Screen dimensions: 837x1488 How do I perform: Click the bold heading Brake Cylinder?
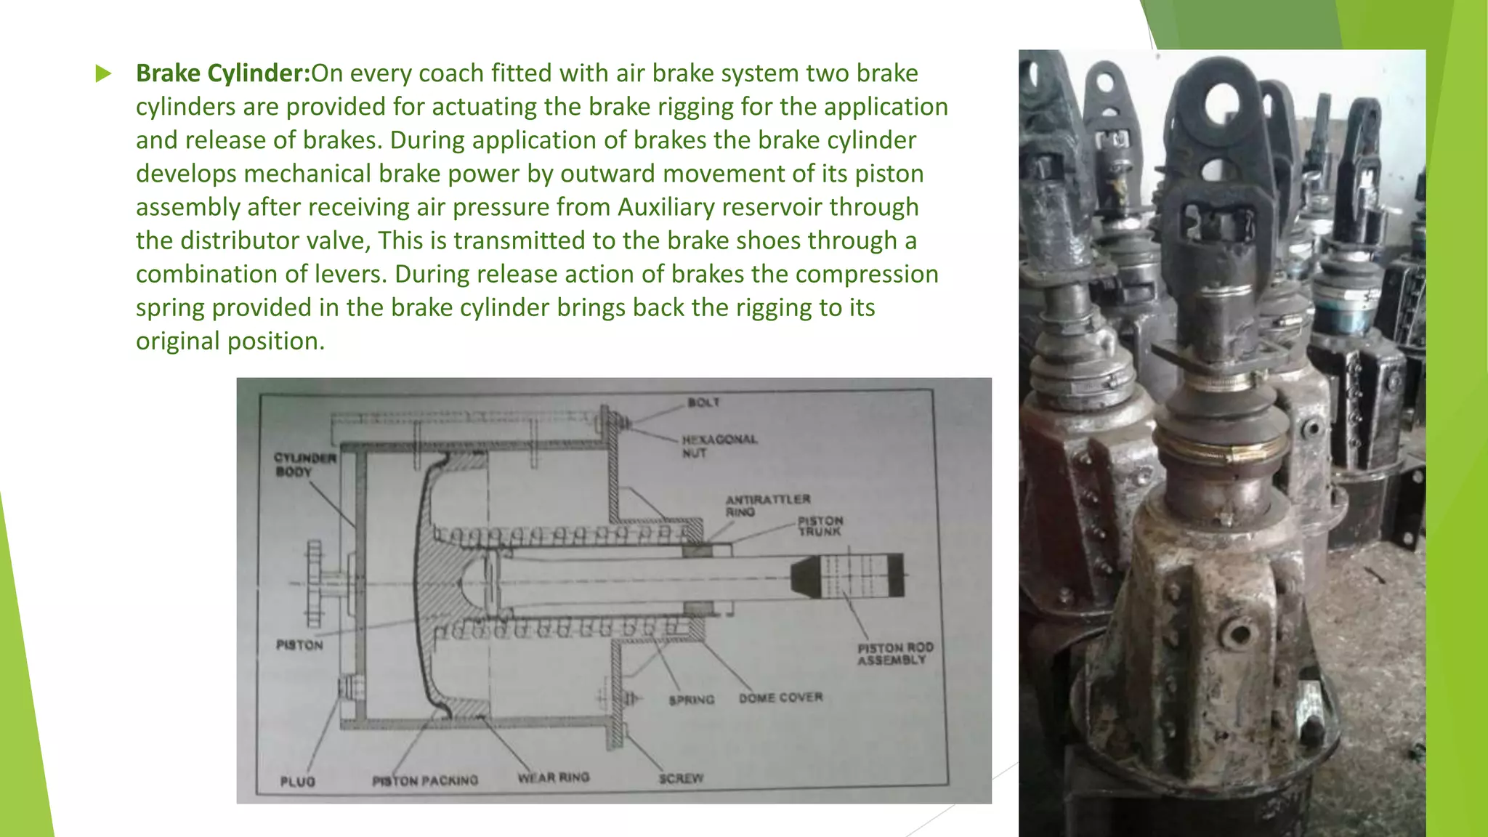tap(223, 73)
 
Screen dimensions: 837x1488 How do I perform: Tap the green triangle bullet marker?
tap(103, 73)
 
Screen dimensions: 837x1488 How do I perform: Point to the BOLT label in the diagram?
tap(703, 403)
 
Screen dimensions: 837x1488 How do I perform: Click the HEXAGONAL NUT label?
tap(718, 446)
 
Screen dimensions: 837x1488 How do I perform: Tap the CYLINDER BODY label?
tap(304, 464)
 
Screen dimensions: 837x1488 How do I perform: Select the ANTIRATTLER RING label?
tap(767, 505)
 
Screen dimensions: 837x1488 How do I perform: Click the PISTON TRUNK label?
tap(820, 526)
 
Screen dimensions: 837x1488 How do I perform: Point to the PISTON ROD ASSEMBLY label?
tap(894, 653)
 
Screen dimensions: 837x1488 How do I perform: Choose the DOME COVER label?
tap(780, 697)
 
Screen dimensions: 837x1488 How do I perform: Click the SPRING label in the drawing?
tap(691, 700)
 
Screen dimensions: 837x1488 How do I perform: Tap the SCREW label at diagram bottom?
tap(681, 778)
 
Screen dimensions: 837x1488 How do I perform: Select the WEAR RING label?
tap(553, 777)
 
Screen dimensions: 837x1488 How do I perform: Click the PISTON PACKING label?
tap(425, 780)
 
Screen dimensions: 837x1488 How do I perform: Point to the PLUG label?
tap(297, 781)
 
